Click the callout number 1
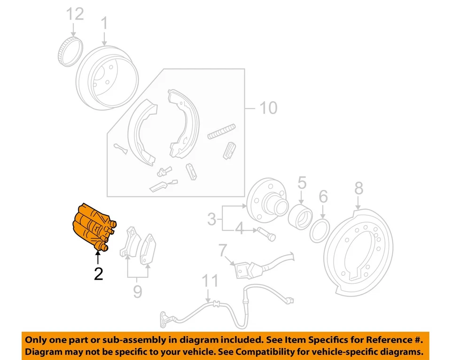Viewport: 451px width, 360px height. click(x=104, y=23)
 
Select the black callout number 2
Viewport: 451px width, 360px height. click(x=98, y=274)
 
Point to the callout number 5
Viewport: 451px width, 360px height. click(x=302, y=183)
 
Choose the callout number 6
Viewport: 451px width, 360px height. click(x=323, y=196)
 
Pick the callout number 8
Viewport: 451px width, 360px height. click(x=358, y=188)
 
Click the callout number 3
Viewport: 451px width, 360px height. click(x=212, y=219)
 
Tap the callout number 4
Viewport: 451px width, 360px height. click(x=240, y=229)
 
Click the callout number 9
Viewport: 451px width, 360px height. click(x=137, y=292)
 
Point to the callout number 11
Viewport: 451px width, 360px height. click(x=210, y=282)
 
